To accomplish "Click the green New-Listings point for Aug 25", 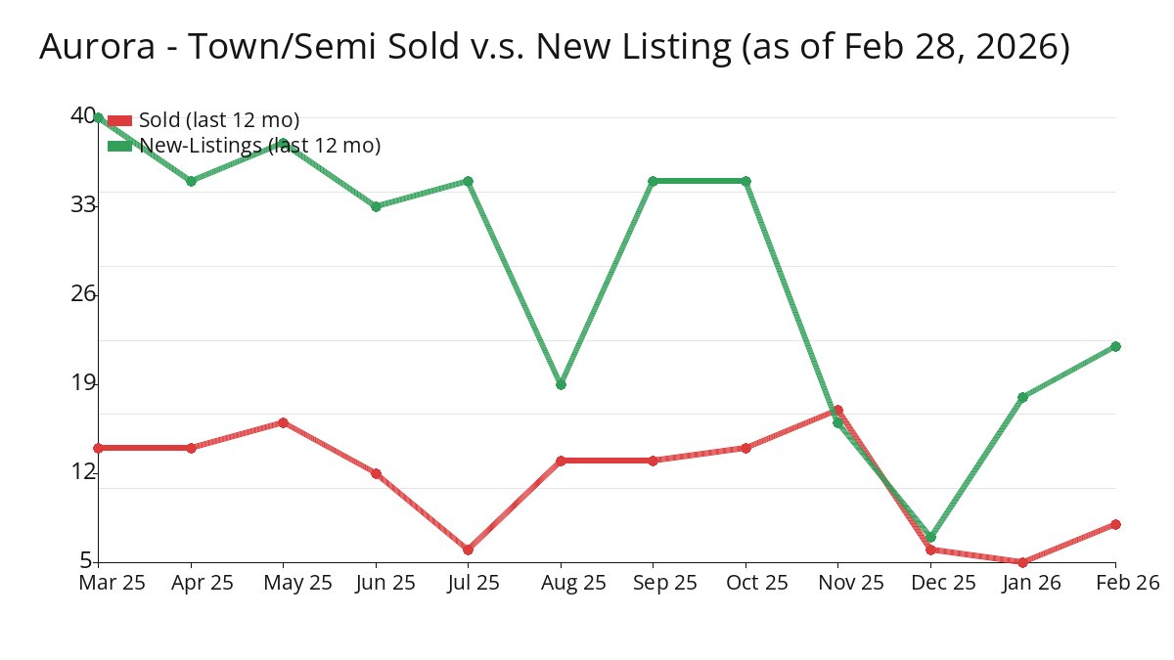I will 561,384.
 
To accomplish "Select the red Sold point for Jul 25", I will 468,550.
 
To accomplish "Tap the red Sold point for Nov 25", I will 837,411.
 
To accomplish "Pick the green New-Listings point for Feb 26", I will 1115,346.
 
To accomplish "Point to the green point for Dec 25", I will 930,537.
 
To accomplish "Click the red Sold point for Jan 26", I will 1022,562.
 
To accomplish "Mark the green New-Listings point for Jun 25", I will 376,206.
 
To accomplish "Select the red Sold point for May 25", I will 283,422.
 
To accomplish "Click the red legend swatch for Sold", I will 119,120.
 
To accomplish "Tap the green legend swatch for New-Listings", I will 119,146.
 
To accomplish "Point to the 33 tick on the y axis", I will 83,204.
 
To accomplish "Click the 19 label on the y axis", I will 83,382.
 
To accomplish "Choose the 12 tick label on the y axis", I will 83,472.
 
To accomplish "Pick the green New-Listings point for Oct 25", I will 745,181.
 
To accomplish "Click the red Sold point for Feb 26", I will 1115,524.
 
